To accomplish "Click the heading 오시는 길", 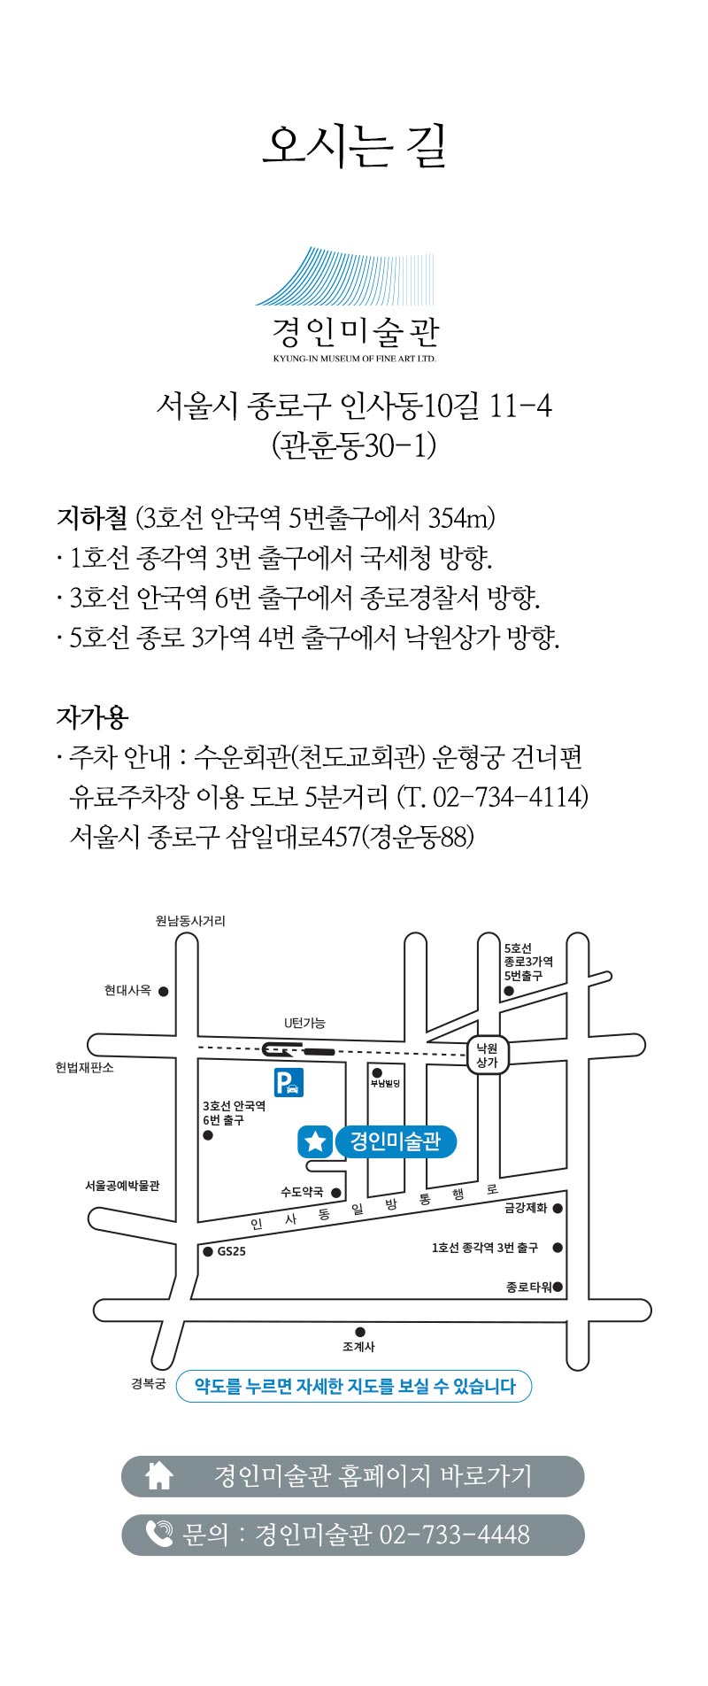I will pos(354,146).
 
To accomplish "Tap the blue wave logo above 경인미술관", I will pos(346,276).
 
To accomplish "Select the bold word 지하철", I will pos(92,517).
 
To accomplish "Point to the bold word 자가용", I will pos(92,716).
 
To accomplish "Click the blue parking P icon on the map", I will pos(289,1082).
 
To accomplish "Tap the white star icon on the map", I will pos(315,1141).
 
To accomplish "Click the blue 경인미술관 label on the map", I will pos(395,1141).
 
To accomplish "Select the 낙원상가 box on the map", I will pos(488,1055).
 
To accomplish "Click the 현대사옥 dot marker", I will pos(164,992).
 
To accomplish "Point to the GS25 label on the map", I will pos(231,1251).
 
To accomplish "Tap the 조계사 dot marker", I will pos(360,1332).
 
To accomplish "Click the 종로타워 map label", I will pos(528,1287).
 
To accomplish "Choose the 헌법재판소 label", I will pos(85,1068).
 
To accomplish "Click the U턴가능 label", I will pos(304,1023).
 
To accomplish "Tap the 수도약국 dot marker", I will pos(336,1193).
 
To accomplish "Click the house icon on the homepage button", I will pos(159,1475).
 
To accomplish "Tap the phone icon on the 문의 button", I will pos(159,1533).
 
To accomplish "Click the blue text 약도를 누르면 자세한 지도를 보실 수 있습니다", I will pos(354,1386).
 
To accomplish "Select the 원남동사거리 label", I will pos(190,921).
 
